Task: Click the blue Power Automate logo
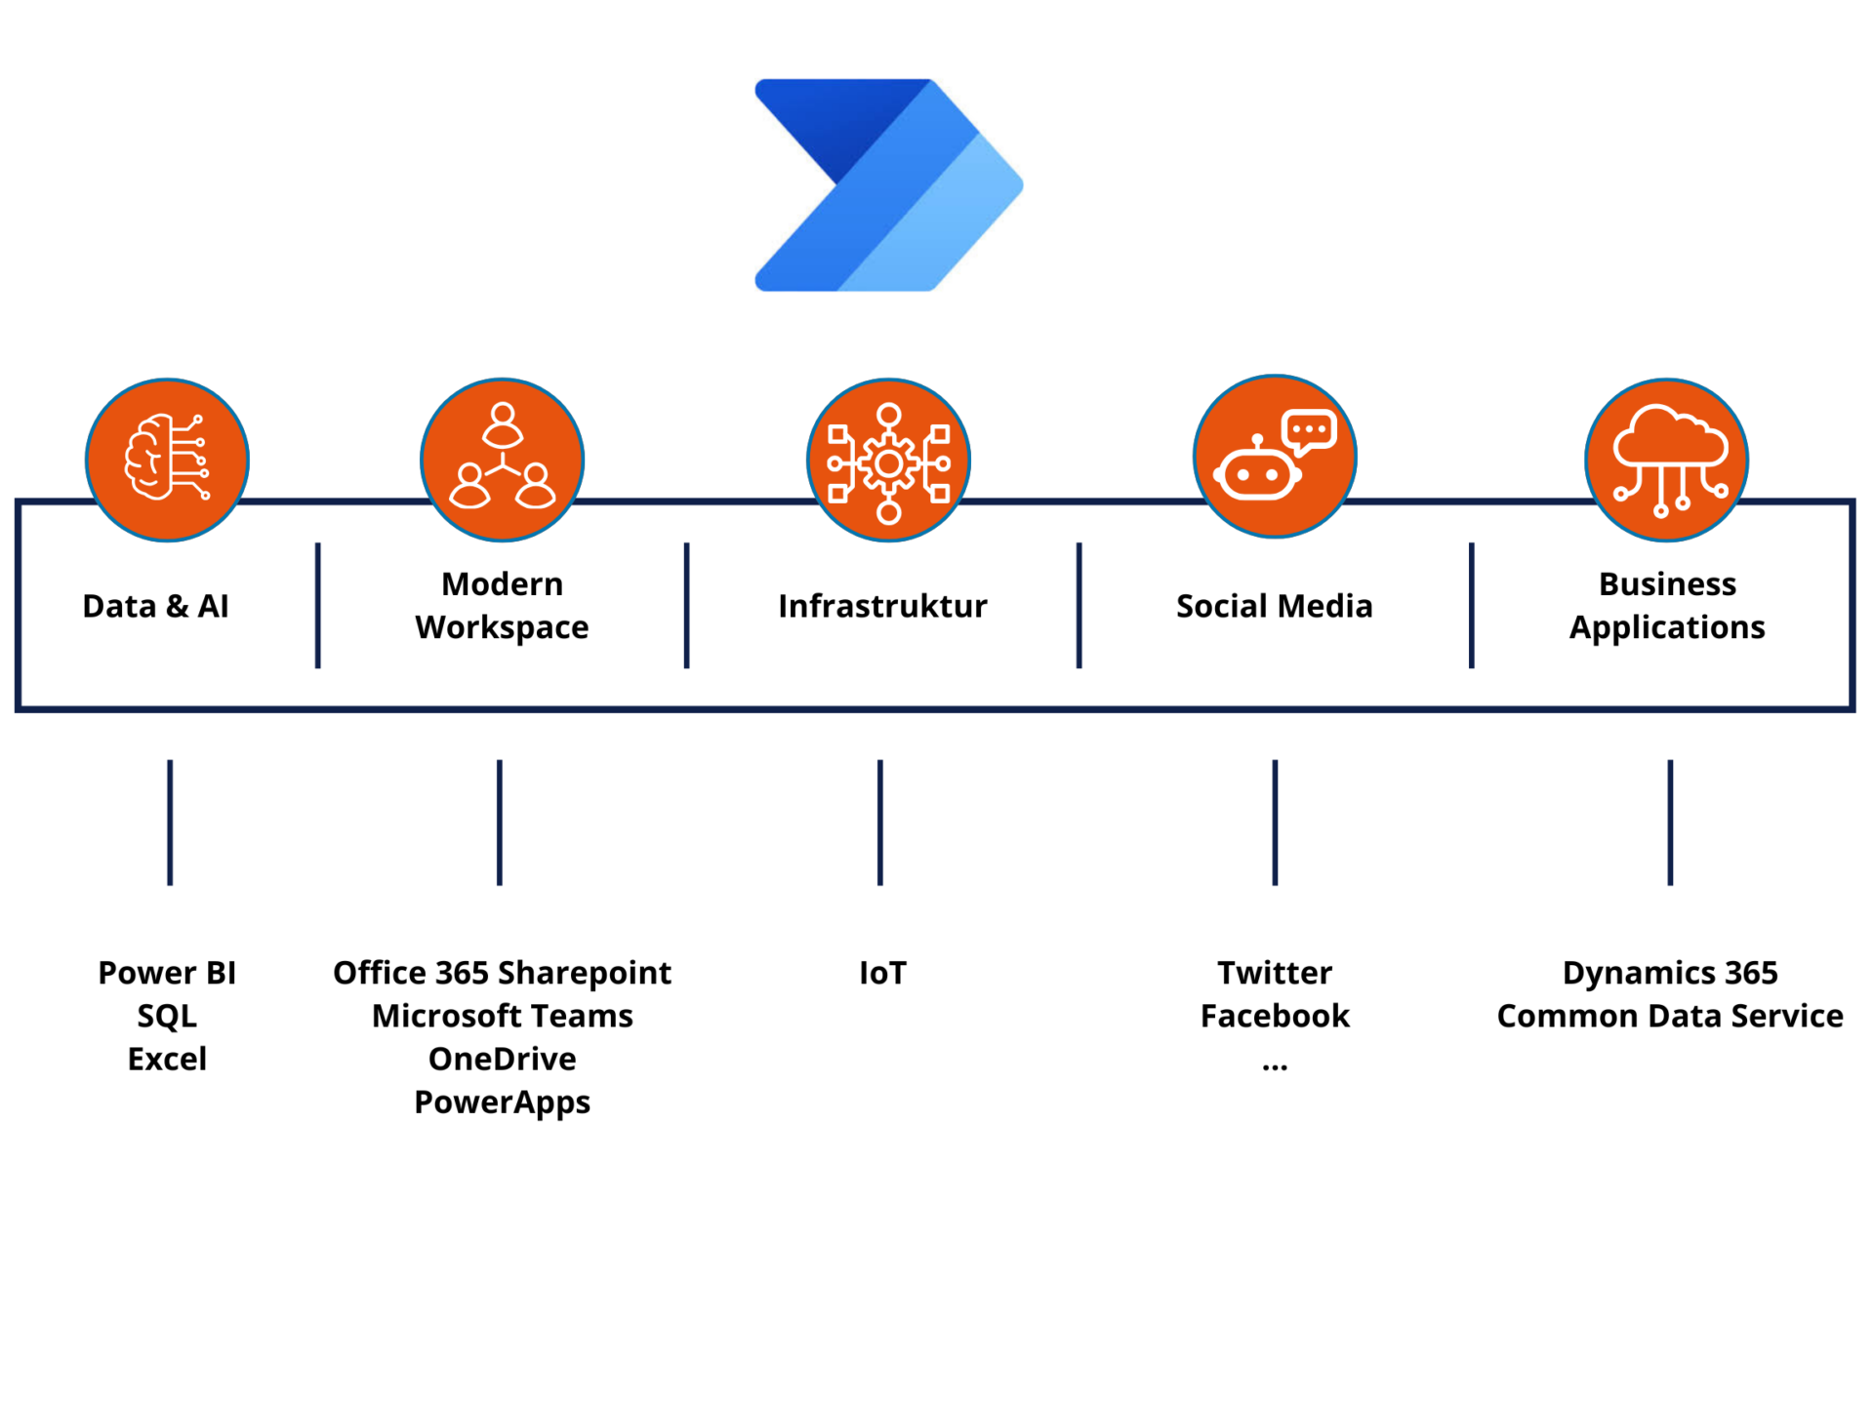(x=888, y=185)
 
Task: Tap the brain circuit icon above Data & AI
(x=167, y=460)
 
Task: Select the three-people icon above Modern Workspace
(x=502, y=460)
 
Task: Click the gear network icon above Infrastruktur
(x=888, y=460)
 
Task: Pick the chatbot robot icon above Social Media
(x=1275, y=457)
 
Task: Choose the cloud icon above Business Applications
(x=1666, y=460)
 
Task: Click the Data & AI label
(x=156, y=606)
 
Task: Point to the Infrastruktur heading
(x=882, y=606)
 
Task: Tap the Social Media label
(x=1275, y=606)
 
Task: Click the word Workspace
(x=502, y=628)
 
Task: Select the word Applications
(x=1667, y=628)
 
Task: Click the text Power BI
(x=167, y=973)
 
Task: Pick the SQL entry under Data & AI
(x=167, y=1017)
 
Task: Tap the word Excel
(x=167, y=1059)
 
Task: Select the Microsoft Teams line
(x=503, y=1016)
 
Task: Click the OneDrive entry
(x=503, y=1059)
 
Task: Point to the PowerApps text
(x=503, y=1103)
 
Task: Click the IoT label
(x=882, y=973)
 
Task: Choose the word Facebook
(x=1275, y=1016)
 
